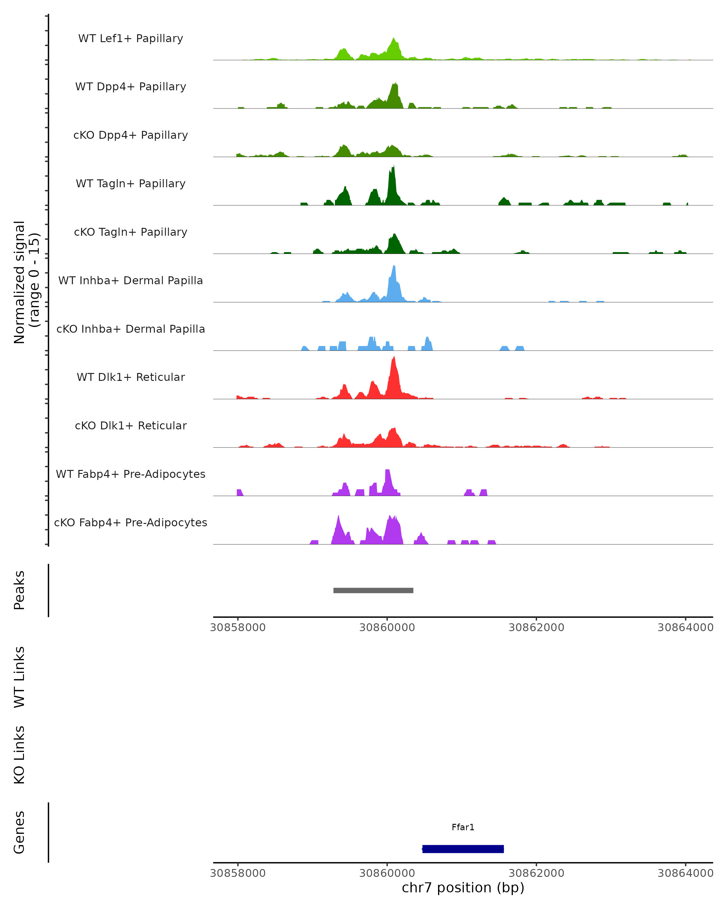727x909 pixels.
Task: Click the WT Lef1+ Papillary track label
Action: (131, 38)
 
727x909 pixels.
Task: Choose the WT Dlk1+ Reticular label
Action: (131, 377)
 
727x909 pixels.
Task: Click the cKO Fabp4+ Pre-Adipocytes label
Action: (131, 522)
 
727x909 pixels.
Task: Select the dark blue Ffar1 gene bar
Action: (463, 849)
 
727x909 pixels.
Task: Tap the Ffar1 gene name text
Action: (463, 827)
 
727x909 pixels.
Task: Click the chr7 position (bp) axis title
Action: (463, 887)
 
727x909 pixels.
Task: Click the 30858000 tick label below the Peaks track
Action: (238, 628)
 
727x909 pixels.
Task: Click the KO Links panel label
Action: (19, 755)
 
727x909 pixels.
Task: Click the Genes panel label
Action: (19, 832)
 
